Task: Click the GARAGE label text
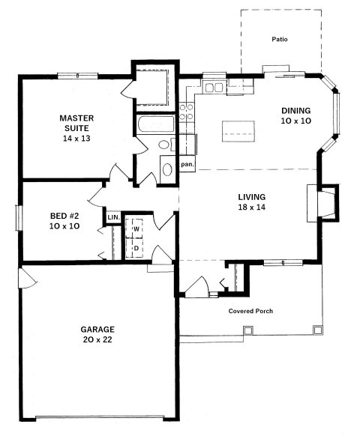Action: pyautogui.click(x=98, y=328)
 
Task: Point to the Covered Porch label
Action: pyautogui.click(x=250, y=310)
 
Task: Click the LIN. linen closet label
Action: pyautogui.click(x=113, y=217)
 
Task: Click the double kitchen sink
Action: pyautogui.click(x=213, y=88)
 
